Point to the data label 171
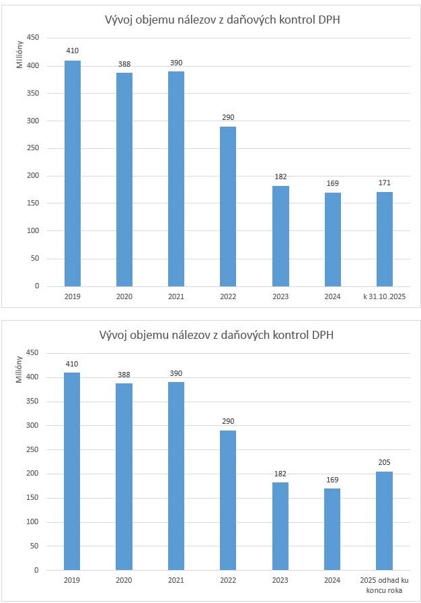tap(384, 183)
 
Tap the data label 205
tap(384, 462)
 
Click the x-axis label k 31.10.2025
tap(384, 296)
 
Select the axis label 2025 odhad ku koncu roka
tap(384, 584)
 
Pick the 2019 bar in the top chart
tap(72, 173)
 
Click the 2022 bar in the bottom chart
tap(228, 500)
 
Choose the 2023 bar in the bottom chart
tap(280, 526)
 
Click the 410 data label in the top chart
tap(72, 51)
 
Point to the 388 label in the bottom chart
tap(124, 374)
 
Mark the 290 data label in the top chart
tap(228, 117)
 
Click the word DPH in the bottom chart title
tap(322, 335)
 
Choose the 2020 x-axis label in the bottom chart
tap(124, 580)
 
